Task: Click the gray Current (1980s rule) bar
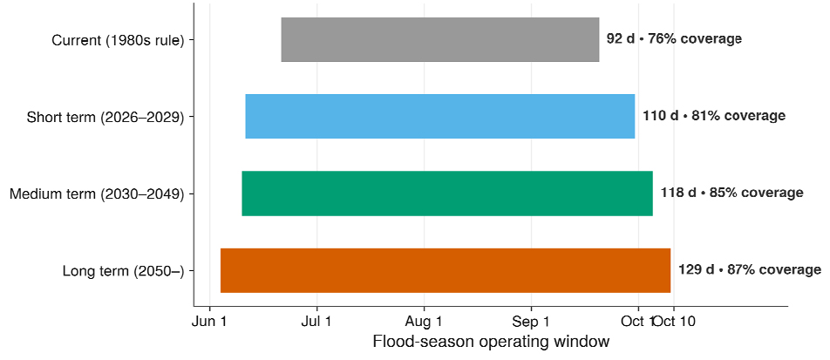tap(440, 39)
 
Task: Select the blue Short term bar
tap(440, 117)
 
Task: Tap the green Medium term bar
tap(447, 194)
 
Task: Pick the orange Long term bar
tap(446, 270)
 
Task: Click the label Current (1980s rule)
tap(118, 40)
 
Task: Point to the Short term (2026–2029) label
tap(105, 117)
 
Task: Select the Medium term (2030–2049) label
tap(98, 194)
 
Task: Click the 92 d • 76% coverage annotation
tap(674, 38)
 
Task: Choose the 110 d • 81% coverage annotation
tap(714, 116)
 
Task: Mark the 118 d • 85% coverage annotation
tap(732, 193)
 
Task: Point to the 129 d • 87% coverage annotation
tap(750, 270)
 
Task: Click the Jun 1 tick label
tap(210, 322)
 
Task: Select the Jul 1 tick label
tap(317, 322)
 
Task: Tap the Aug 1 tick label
tap(424, 322)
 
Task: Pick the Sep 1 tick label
tap(531, 322)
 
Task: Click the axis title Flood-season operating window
tap(491, 342)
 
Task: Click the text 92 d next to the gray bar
tap(621, 38)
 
